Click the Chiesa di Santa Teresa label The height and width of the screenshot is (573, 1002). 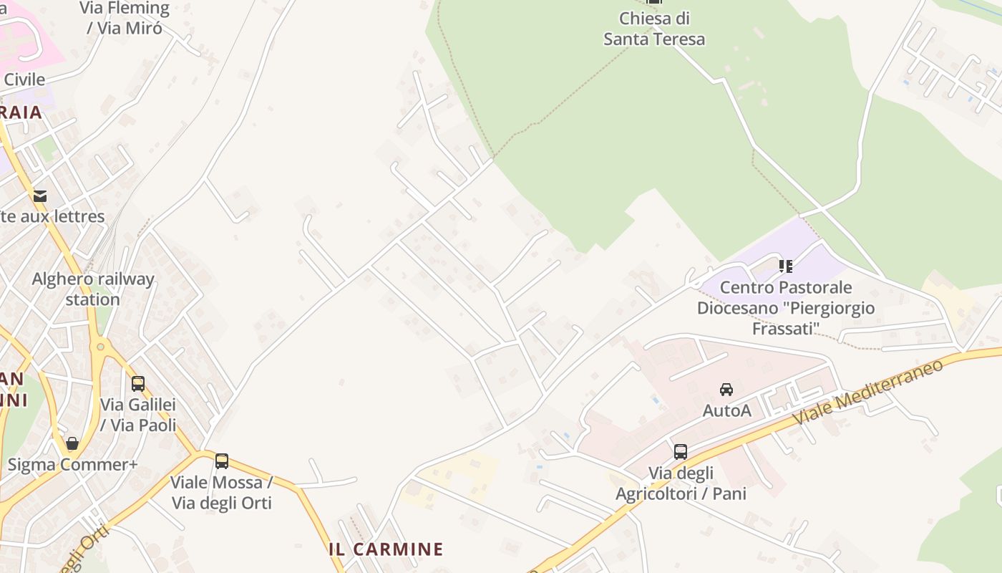653,29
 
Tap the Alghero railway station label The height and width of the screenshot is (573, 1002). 93,289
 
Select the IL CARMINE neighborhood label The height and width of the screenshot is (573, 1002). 386,549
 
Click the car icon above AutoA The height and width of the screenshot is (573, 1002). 726,390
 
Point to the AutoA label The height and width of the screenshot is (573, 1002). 726,410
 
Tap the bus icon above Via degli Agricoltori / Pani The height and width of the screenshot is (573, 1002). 681,452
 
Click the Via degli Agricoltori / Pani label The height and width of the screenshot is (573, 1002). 681,483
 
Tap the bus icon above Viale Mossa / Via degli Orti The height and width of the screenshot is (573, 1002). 222,461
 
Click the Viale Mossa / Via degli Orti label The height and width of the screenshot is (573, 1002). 222,492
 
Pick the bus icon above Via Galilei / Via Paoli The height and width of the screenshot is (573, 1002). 138,384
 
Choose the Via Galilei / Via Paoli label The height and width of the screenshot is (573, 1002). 138,415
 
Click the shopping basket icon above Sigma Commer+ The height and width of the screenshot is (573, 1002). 72,443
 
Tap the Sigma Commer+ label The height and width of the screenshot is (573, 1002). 72,465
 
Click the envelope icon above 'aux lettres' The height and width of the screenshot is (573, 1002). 40,196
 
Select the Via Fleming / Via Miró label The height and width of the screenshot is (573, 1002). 125,19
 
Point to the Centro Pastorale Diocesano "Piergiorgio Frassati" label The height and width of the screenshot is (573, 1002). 785,308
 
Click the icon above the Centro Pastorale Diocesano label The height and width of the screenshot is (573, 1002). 786,266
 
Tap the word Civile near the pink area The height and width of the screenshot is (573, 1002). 24,80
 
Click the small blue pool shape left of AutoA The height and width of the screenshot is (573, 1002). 656,399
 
